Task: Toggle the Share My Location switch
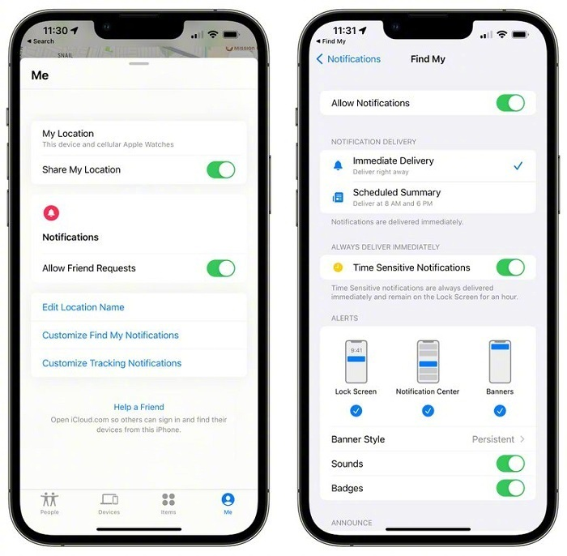[220, 169]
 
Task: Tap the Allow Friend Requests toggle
[220, 268]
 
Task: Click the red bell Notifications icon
[51, 212]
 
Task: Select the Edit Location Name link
[83, 307]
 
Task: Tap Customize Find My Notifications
[110, 336]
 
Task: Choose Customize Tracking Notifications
[112, 363]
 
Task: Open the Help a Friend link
[139, 407]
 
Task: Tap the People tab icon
[49, 499]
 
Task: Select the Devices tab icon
[109, 499]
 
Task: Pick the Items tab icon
[168, 499]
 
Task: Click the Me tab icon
[228, 499]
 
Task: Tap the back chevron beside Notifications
[320, 59]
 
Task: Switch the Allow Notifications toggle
[510, 103]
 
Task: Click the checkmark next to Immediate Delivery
[518, 165]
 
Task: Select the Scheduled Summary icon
[338, 198]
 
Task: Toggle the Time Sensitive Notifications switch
[510, 267]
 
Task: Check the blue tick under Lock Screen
[356, 411]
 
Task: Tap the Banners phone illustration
[500, 361]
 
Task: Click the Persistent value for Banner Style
[493, 439]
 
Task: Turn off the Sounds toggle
[510, 464]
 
